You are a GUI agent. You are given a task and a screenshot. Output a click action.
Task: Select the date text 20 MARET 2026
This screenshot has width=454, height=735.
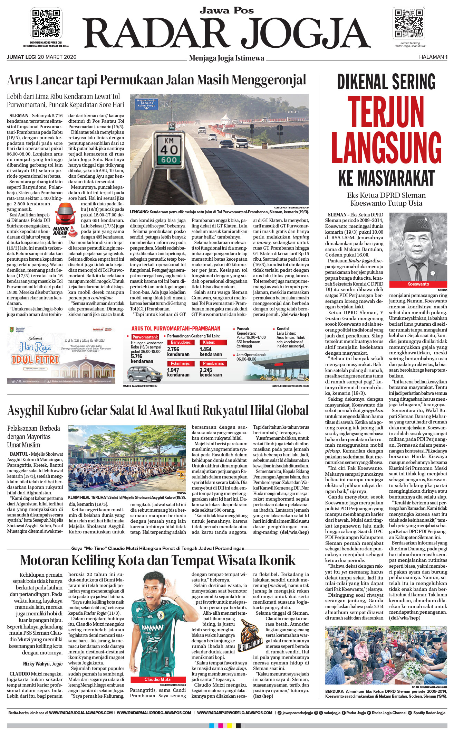(x=57, y=57)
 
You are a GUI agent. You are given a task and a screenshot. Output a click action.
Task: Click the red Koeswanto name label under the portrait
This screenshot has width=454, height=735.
(x=418, y=284)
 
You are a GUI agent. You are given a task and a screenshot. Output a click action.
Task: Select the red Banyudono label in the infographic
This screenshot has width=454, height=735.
(x=181, y=342)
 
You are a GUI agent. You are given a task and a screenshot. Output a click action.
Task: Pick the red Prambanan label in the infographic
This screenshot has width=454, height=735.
(x=213, y=363)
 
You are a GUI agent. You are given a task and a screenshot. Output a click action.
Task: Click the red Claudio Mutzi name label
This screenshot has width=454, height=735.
(x=158, y=679)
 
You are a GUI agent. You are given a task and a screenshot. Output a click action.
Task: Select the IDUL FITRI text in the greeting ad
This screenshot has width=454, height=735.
(x=35, y=360)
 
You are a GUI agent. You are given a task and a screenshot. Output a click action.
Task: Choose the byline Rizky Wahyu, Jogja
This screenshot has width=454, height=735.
(x=43, y=664)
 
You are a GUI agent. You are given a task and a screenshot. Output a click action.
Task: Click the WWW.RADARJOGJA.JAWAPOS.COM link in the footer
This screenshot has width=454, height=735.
(x=81, y=713)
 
